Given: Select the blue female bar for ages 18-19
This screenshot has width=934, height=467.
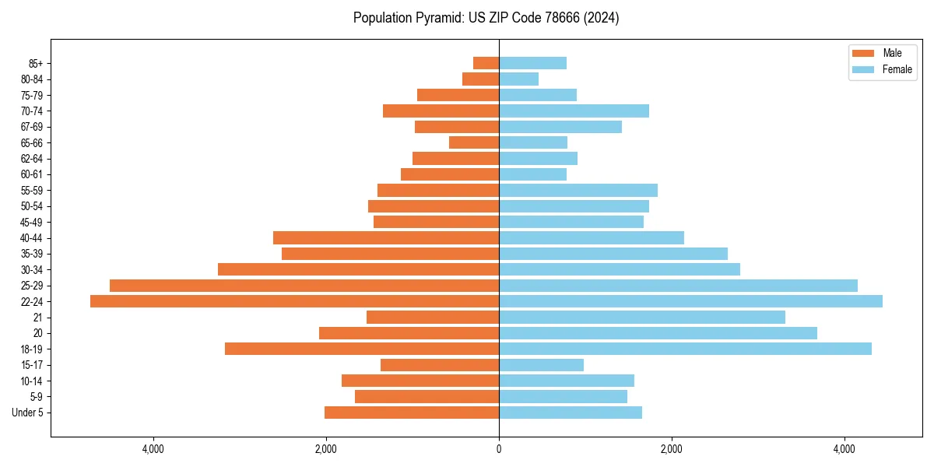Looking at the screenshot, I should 685,349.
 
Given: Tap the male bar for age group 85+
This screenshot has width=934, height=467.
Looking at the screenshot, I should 486,63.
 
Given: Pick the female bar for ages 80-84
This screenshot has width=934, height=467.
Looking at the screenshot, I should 518,79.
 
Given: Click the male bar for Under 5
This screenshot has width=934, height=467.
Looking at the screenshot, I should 412,413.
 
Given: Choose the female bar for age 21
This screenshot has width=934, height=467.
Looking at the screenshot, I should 642,317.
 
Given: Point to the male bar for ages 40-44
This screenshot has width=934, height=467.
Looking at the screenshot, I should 386,237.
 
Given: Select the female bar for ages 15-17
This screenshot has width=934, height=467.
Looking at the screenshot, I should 541,365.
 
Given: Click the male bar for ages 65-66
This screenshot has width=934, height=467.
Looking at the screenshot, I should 474,142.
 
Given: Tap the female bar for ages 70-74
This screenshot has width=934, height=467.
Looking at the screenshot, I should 574,111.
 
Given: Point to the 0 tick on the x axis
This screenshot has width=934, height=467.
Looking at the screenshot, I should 499,449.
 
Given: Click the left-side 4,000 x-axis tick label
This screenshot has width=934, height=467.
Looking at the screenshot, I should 153,449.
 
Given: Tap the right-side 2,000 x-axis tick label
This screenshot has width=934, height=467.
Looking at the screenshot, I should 672,449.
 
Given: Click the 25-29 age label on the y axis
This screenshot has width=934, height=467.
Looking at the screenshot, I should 32,286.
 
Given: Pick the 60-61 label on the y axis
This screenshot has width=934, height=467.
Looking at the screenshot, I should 32,174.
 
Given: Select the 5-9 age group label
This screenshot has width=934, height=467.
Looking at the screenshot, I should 36,397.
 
